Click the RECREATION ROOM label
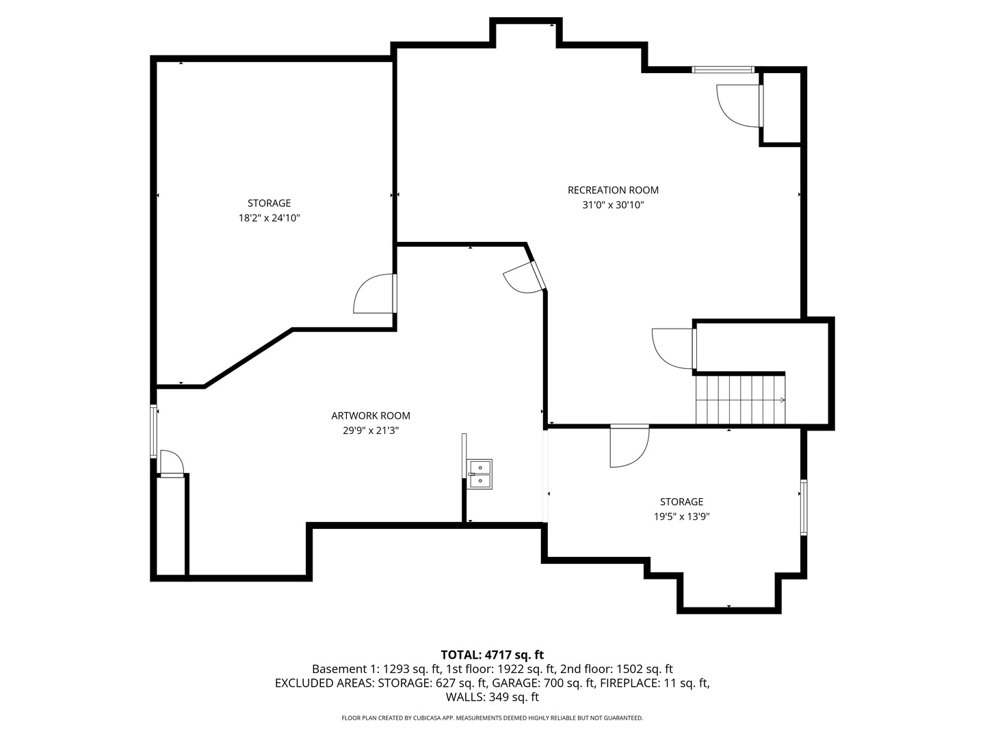point(613,190)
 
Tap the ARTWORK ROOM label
point(371,415)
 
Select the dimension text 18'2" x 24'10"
point(269,218)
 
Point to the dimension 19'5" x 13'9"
point(681,517)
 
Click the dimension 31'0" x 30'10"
point(613,205)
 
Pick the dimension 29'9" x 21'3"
point(371,430)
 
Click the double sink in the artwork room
point(480,474)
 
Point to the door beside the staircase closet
point(674,348)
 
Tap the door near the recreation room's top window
point(739,105)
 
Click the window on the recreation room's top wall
point(722,70)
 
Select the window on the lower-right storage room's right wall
point(804,507)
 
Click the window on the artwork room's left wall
point(154,431)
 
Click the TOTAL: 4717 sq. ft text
point(492,655)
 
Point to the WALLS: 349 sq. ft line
point(492,697)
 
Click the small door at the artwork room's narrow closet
point(171,463)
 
